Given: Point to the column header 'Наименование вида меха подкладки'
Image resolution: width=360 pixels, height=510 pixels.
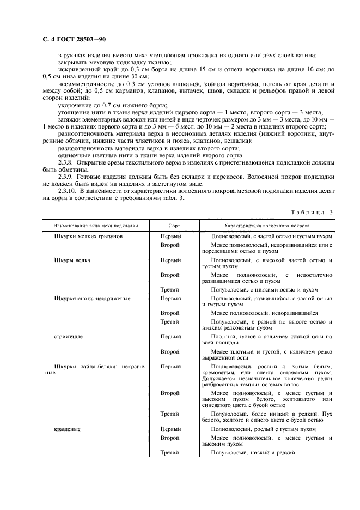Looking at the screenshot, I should (96, 225).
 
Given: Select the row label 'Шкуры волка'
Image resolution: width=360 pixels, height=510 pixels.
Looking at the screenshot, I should (72, 260).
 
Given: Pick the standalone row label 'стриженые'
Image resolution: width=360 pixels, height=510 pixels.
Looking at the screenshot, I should (69, 337).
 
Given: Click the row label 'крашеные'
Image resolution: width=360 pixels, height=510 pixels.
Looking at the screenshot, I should (68, 429).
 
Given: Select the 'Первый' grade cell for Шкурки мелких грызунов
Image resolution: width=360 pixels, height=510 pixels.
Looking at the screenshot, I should (170, 236).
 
